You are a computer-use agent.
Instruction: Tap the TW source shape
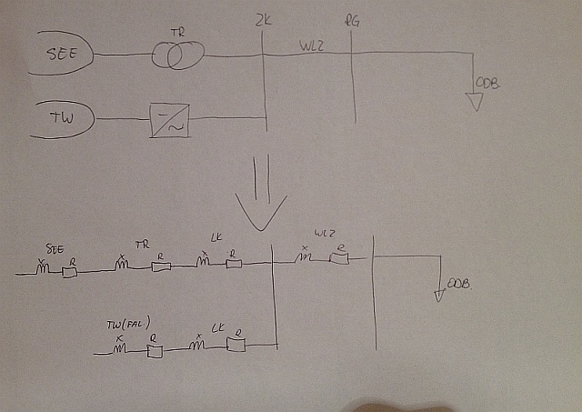tap(63, 117)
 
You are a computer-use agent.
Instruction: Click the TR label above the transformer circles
tap(176, 33)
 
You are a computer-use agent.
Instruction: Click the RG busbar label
tap(353, 20)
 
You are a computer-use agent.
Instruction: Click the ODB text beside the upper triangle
tap(488, 85)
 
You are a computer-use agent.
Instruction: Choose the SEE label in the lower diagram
tap(54, 247)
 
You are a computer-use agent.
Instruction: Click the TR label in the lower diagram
tap(142, 246)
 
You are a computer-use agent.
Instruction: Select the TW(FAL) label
tap(127, 323)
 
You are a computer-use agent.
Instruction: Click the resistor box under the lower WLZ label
tap(340, 259)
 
